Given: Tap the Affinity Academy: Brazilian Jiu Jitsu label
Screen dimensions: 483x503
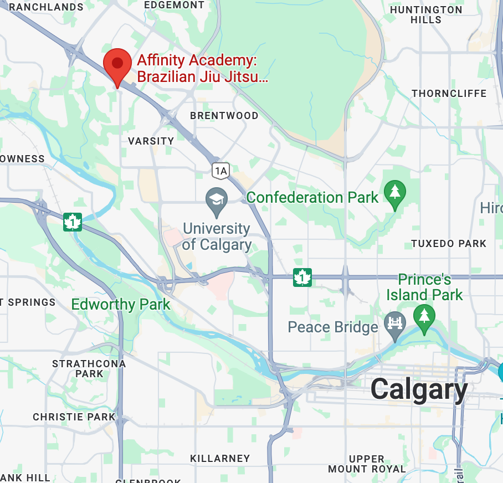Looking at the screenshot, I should (x=202, y=68).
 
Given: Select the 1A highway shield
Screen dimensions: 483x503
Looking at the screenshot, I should (x=220, y=171).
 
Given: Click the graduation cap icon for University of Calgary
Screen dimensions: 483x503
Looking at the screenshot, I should (x=216, y=201).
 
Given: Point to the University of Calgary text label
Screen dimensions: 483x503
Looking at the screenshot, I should (x=216, y=237).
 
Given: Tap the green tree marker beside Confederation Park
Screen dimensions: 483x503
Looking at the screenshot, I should (x=394, y=194).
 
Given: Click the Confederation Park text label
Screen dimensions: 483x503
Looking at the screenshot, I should (x=312, y=197).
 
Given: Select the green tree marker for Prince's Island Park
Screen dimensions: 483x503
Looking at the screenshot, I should (x=424, y=318).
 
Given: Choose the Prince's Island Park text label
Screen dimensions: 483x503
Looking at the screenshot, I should (x=424, y=287).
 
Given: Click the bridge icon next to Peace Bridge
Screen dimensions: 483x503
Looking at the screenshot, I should (x=395, y=324).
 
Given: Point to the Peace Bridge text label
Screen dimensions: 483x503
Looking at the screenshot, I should (x=332, y=327).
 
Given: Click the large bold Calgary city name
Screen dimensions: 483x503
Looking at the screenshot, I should (x=419, y=389).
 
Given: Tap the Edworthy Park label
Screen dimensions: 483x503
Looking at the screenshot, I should (x=121, y=305).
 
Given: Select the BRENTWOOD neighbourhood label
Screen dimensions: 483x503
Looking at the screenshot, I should (x=224, y=116).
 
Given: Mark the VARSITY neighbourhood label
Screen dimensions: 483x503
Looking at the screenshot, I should (x=151, y=141).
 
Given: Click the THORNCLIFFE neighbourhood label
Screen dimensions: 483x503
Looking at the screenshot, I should (x=449, y=94).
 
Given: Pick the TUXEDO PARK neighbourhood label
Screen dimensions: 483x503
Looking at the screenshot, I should (x=449, y=244).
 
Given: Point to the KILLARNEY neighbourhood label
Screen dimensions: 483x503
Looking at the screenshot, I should (x=220, y=459).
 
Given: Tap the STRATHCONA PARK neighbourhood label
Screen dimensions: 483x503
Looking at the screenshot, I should (x=89, y=369).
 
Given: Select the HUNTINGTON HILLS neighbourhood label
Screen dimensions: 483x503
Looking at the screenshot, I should (x=426, y=15).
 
